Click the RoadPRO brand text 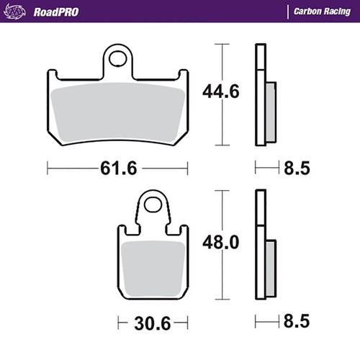[x=56, y=12]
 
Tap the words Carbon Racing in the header [x=322, y=12]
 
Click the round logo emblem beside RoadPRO [x=14, y=12]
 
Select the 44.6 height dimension [x=221, y=91]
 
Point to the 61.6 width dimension [x=119, y=168]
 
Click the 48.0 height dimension [x=221, y=242]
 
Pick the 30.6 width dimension [x=153, y=323]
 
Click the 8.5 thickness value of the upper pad [x=297, y=168]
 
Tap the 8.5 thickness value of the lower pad [x=297, y=321]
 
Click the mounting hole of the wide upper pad [x=117, y=58]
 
